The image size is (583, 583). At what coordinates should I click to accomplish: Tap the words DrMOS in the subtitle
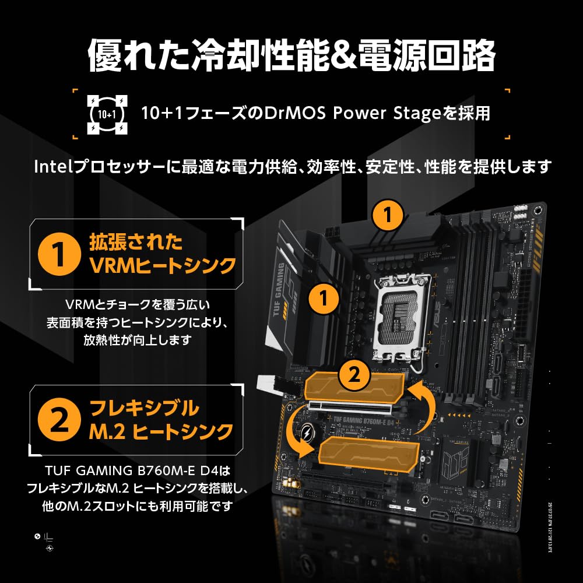tap(293, 113)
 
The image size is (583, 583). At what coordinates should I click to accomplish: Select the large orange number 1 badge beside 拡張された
tap(58, 254)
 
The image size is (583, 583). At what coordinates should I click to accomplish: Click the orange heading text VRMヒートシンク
tap(163, 266)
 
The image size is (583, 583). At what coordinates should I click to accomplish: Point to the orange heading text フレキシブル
tap(144, 407)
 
